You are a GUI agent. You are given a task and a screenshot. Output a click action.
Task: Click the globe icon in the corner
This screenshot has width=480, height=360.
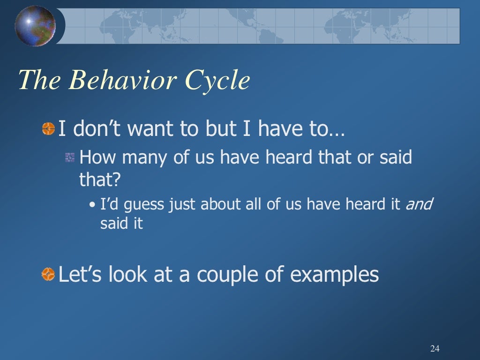coord(35,26)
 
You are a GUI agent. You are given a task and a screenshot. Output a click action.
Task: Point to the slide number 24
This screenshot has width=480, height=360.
coord(435,348)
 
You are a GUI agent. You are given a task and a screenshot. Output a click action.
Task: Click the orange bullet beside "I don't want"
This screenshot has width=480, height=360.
coord(48,128)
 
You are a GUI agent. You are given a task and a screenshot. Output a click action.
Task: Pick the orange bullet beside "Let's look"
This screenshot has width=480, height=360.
coord(48,273)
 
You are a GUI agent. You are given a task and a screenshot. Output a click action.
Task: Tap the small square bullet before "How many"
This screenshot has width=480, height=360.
coord(70,158)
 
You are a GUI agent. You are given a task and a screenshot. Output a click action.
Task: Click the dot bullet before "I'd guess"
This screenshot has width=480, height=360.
coord(92,205)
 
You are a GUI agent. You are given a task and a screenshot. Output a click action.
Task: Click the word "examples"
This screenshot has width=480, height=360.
coord(334,274)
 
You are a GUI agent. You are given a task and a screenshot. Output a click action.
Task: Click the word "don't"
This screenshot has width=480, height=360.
coord(97,129)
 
